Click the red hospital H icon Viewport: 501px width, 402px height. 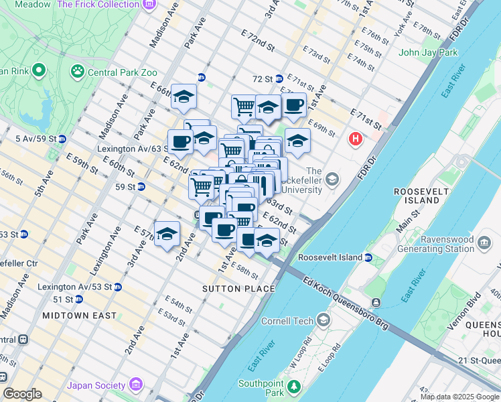pyautogui.click(x=355, y=139)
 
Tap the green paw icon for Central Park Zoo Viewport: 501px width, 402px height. pyautogui.click(x=78, y=70)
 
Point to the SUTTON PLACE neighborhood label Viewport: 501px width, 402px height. pyautogui.click(x=238, y=289)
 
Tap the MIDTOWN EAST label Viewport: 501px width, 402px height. pyautogui.click(x=79, y=315)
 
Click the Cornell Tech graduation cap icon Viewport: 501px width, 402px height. pyautogui.click(x=324, y=320)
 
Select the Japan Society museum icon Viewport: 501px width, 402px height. pyautogui.click(x=137, y=385)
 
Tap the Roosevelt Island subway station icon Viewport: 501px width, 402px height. pyautogui.click(x=368, y=257)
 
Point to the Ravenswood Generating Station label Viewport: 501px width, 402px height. pyautogui.click(x=436, y=243)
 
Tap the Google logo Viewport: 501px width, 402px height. pyautogui.click(x=22, y=394)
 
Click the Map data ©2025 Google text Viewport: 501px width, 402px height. pyautogui.click(x=460, y=397)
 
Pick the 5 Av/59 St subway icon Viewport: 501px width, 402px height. pyautogui.click(x=62, y=139)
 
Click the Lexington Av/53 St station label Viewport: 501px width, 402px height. pyautogui.click(x=74, y=287)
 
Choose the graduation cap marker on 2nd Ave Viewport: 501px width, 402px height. pyautogui.click(x=167, y=234)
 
